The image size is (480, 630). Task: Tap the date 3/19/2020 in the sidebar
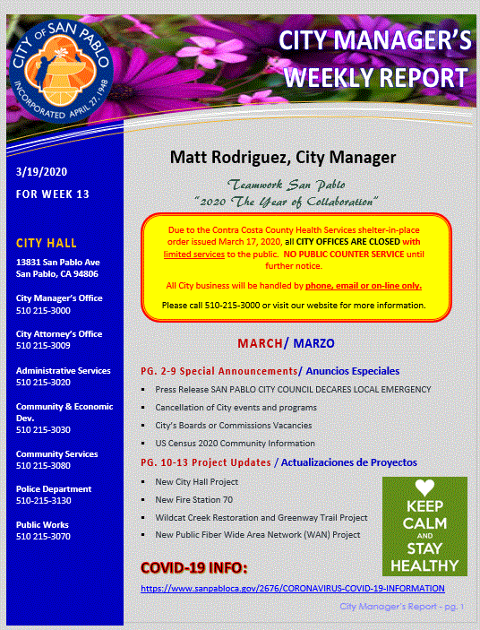click(x=42, y=171)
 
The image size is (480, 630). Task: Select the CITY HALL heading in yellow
click(x=47, y=243)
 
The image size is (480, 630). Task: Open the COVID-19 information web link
click(x=292, y=588)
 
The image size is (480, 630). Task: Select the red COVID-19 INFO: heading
click(x=193, y=568)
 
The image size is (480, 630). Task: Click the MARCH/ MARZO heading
click(x=286, y=344)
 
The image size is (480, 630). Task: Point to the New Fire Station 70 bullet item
click(x=193, y=499)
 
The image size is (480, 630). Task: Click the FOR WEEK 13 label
click(x=53, y=194)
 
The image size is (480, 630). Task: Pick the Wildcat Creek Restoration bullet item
click(x=261, y=517)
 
